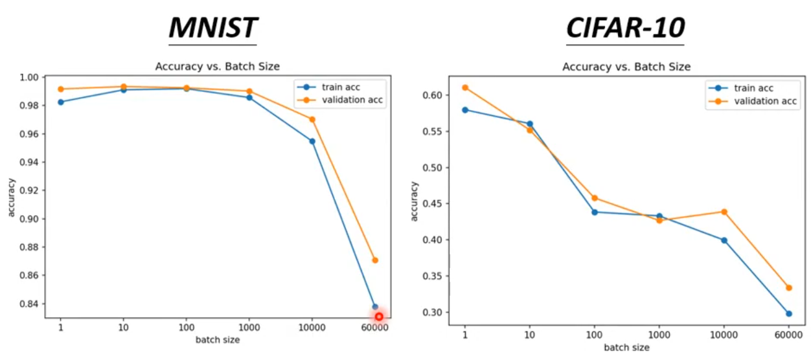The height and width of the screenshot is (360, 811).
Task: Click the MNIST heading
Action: pos(212,28)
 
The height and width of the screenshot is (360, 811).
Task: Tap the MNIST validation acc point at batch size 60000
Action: pos(374,260)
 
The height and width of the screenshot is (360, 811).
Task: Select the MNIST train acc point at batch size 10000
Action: pos(312,141)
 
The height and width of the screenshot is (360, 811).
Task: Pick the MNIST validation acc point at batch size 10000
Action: pos(312,119)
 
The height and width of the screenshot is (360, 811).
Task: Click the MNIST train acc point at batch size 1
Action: pos(61,102)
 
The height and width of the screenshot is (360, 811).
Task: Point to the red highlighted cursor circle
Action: pos(379,317)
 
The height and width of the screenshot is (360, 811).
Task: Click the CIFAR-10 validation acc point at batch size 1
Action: pos(465,87)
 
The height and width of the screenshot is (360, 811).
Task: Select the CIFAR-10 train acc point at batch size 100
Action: pos(595,212)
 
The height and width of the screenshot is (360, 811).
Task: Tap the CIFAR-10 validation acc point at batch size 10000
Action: pos(724,212)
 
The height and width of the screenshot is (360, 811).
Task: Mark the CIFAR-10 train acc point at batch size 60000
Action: pos(789,313)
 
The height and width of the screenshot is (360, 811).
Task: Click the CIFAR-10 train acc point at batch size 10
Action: pos(530,124)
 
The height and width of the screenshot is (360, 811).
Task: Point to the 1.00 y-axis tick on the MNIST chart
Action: pos(30,78)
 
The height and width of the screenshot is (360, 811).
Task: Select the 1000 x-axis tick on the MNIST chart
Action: pos(249,328)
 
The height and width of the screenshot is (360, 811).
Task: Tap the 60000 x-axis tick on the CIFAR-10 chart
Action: pos(788,337)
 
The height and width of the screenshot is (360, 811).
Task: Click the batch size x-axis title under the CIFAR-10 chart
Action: pos(626,348)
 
